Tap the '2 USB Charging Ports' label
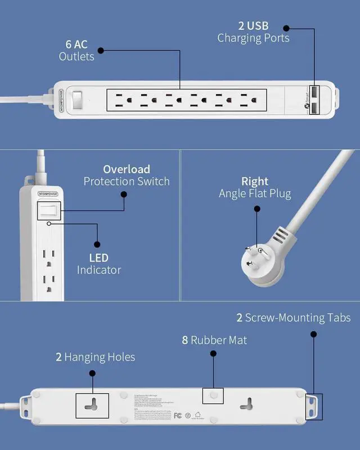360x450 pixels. (x=253, y=32)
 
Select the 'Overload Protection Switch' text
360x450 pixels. (x=127, y=175)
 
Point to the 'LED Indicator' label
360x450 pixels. (x=99, y=264)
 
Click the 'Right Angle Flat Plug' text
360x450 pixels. (x=255, y=188)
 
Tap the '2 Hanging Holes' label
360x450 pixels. (x=95, y=357)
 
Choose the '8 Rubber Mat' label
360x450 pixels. (x=214, y=340)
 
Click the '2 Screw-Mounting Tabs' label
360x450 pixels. (x=293, y=318)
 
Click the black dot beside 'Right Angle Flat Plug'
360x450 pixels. (x=256, y=209)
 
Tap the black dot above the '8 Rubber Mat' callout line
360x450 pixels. (x=214, y=354)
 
